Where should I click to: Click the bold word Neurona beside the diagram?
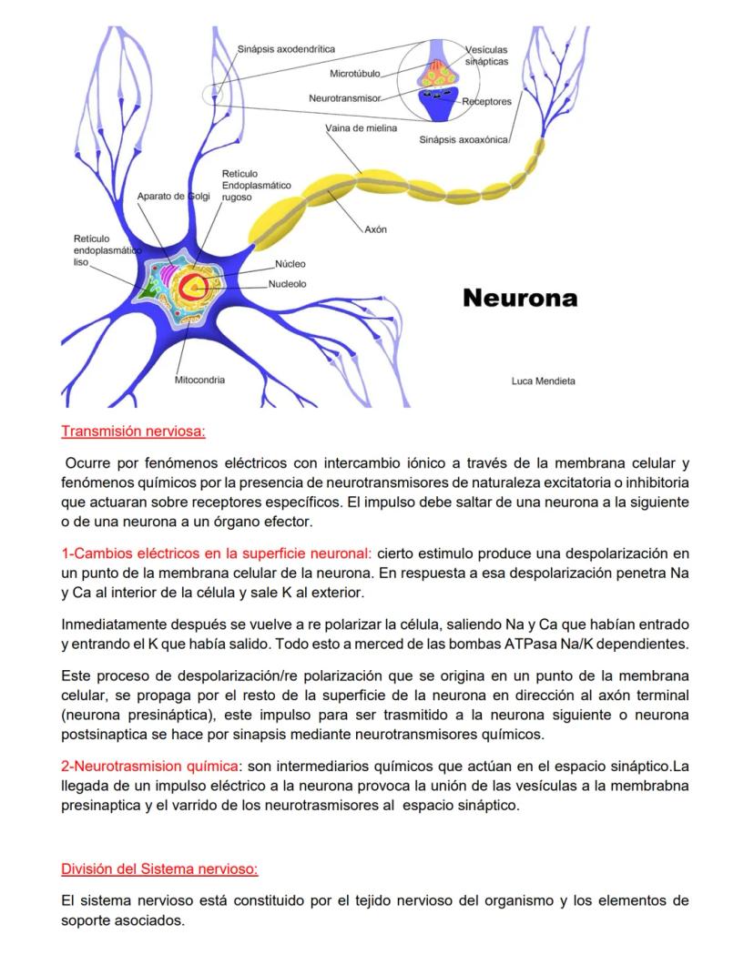(519, 298)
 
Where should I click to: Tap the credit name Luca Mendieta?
(543, 381)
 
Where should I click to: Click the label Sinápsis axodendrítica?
(285, 48)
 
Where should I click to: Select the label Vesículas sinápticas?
(486, 56)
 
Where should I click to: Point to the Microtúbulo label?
(354, 73)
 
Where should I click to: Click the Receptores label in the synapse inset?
(486, 102)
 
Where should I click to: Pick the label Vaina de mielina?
(361, 128)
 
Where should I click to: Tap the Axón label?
(375, 229)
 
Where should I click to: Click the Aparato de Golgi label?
(173, 196)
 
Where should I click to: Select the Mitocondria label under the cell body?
(199, 380)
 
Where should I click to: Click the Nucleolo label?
(287, 284)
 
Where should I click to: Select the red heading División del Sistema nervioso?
(159, 868)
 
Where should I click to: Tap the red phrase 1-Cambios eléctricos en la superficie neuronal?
(217, 554)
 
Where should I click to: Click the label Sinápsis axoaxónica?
(463, 140)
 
